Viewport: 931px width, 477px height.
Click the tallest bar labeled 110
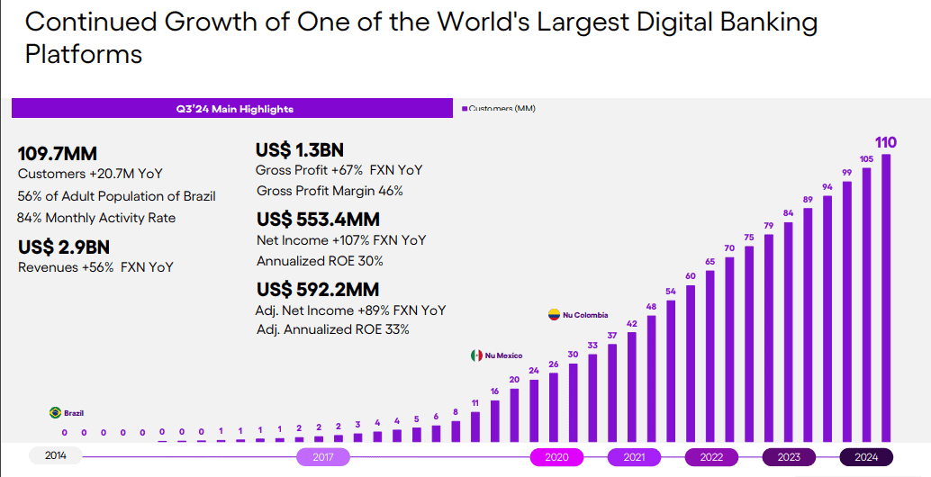coord(886,297)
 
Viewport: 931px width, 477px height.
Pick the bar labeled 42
coord(632,387)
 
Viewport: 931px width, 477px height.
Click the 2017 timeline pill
coord(323,457)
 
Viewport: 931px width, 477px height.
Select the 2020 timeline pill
coord(556,457)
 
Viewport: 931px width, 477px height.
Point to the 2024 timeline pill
coord(866,457)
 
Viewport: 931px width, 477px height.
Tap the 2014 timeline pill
coord(55,456)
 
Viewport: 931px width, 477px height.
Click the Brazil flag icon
coord(55,413)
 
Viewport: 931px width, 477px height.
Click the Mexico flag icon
coord(476,355)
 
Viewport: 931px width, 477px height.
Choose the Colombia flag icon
coord(554,315)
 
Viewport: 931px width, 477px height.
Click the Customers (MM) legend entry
coord(499,109)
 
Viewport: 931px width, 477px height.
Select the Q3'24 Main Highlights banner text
coord(234,109)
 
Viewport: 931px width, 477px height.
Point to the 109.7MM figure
coord(58,154)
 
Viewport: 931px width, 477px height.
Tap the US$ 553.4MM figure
coord(318,220)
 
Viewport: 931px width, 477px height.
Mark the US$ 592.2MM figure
coord(318,290)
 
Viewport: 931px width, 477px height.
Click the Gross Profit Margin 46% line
coord(330,191)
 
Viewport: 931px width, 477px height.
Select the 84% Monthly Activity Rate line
coord(96,218)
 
